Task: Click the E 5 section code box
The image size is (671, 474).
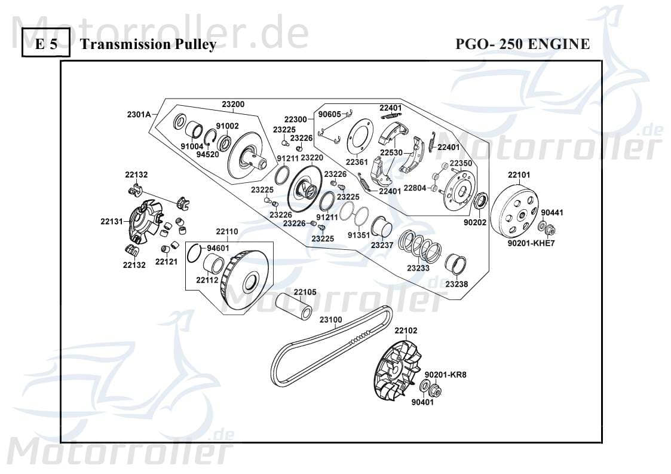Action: click(46, 44)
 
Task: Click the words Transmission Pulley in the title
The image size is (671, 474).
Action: click(148, 45)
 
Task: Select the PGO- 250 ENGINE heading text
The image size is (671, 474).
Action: click(522, 44)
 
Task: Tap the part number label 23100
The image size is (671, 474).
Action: click(330, 320)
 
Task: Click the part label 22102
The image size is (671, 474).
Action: click(406, 331)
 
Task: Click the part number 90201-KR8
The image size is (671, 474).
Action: click(445, 375)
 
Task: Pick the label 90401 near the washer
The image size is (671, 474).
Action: click(422, 402)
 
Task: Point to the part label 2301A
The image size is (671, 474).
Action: click(139, 114)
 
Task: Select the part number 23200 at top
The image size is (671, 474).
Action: click(233, 104)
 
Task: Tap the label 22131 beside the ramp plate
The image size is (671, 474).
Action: click(112, 222)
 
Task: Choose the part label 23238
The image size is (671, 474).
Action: click(456, 285)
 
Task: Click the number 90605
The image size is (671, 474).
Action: click(329, 114)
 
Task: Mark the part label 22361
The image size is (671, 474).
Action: click(357, 162)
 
